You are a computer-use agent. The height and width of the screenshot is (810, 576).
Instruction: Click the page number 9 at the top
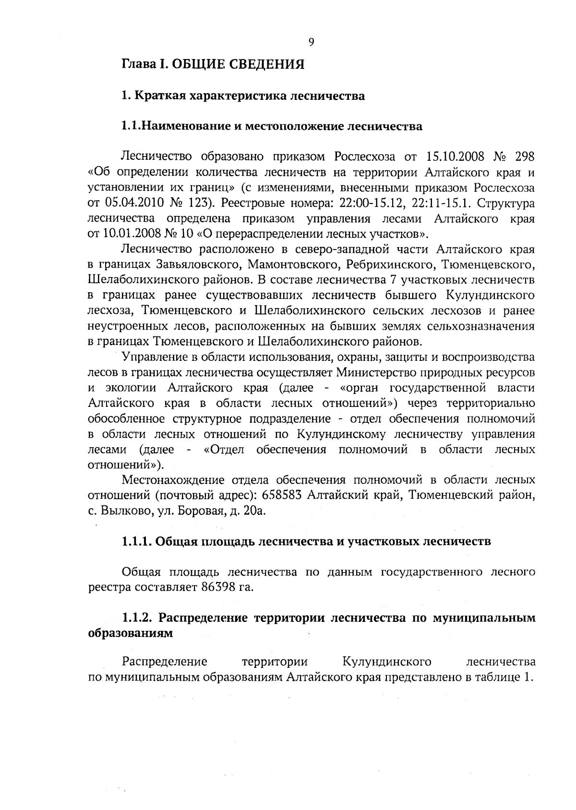311,42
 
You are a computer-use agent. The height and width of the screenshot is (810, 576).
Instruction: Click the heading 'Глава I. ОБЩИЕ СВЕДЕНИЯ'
213,65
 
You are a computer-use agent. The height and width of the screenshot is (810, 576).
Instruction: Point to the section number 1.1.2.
137,618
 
